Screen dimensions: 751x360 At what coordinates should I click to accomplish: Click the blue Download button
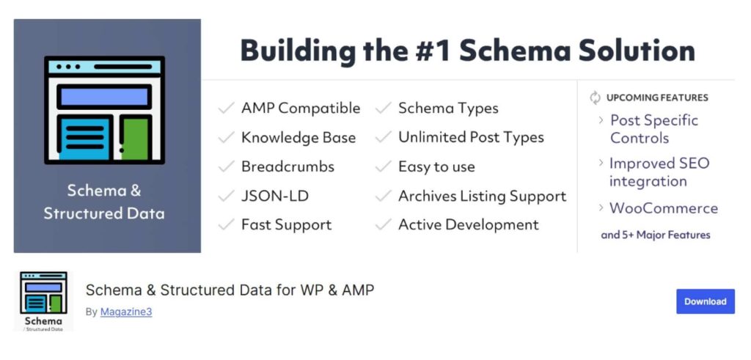pyautogui.click(x=705, y=301)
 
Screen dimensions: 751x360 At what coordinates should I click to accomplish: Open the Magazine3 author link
pyautogui.click(x=126, y=312)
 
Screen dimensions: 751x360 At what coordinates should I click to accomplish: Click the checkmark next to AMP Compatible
pyautogui.click(x=226, y=109)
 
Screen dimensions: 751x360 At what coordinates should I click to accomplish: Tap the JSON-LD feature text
pyautogui.click(x=275, y=196)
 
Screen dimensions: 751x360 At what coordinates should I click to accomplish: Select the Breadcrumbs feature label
pyautogui.click(x=287, y=166)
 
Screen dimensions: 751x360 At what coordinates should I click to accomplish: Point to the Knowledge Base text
pyautogui.click(x=298, y=138)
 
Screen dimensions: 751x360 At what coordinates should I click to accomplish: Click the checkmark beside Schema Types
pyautogui.click(x=383, y=109)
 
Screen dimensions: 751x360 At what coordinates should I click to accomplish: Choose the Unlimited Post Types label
pyautogui.click(x=471, y=138)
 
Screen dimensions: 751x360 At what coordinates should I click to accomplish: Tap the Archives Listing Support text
pyautogui.click(x=483, y=196)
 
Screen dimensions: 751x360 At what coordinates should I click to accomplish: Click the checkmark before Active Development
pyautogui.click(x=383, y=225)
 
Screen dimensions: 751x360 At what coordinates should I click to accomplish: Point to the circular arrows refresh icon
pyautogui.click(x=595, y=98)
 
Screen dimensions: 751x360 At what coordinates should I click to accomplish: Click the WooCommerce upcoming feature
pyautogui.click(x=663, y=208)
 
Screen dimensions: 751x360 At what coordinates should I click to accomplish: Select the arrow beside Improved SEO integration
pyautogui.click(x=601, y=164)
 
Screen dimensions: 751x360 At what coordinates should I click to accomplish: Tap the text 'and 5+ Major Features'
pyautogui.click(x=655, y=235)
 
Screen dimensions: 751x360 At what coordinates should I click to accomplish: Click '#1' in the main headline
pyautogui.click(x=433, y=51)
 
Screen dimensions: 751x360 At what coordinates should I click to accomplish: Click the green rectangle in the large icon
pyautogui.click(x=135, y=139)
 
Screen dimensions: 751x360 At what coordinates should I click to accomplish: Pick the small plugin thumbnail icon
pyautogui.click(x=43, y=301)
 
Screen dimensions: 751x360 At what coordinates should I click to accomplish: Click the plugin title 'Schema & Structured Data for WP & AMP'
pyautogui.click(x=230, y=290)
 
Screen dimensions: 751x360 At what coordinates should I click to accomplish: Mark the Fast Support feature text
pyautogui.click(x=287, y=225)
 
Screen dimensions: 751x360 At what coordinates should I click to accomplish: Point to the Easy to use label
pyautogui.click(x=437, y=167)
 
